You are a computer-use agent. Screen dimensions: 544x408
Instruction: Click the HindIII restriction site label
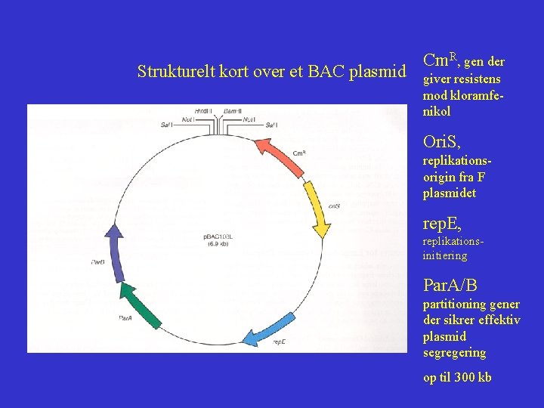click(x=203, y=111)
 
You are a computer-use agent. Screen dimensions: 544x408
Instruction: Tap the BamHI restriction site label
click(x=232, y=111)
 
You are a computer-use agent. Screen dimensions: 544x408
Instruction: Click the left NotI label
click(x=188, y=119)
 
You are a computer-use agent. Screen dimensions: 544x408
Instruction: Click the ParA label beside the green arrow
click(x=126, y=319)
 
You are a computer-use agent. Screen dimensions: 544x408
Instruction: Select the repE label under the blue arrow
click(x=279, y=342)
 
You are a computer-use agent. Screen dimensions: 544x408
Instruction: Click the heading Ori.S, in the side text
click(x=442, y=142)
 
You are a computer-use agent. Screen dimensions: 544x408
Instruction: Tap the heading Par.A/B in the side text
click(x=450, y=285)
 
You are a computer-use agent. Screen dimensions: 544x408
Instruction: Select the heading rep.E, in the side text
click(x=442, y=224)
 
